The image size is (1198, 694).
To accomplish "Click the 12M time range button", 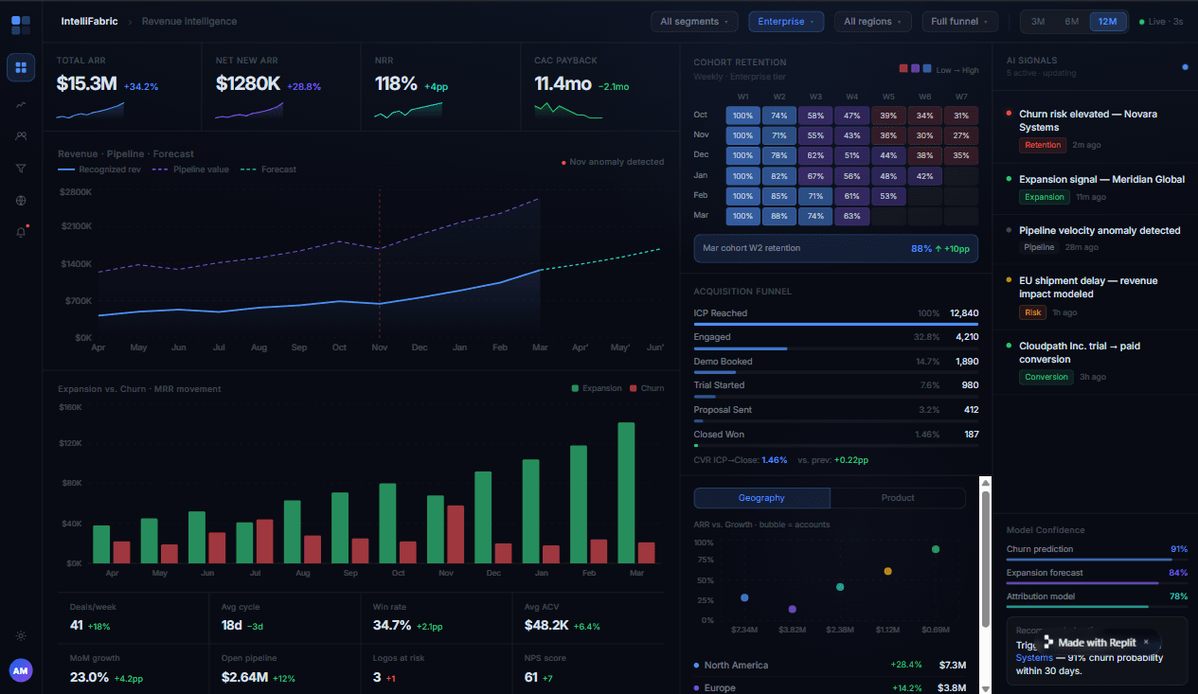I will (x=1107, y=22).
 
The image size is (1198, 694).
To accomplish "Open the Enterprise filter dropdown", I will (x=785, y=22).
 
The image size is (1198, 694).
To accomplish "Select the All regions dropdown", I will (x=872, y=22).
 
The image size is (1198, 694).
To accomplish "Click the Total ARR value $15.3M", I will (x=86, y=83).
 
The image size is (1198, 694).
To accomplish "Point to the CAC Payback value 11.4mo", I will (x=563, y=83).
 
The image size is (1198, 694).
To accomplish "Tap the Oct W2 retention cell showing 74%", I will (x=779, y=116).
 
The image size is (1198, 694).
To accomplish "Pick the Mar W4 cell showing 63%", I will (x=852, y=216).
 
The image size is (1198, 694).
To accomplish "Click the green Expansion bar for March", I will (x=626, y=492).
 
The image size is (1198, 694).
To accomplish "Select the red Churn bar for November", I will (x=456, y=534).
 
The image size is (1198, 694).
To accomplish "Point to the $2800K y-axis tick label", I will (x=75, y=192).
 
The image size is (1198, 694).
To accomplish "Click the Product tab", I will (x=897, y=498).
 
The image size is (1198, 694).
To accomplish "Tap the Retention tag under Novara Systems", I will (x=1043, y=145).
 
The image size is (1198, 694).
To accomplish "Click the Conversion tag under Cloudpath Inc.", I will (x=1046, y=377).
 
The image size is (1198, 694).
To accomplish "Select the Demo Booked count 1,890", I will (x=966, y=362).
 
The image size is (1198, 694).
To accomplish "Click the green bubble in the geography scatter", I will (x=935, y=549).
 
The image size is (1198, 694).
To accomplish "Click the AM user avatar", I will (x=21, y=670).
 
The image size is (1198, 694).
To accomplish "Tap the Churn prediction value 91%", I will (x=1178, y=549).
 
